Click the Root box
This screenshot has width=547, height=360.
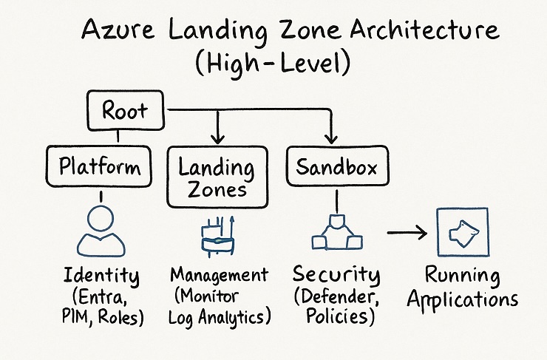click(124, 112)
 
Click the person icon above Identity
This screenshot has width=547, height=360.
click(101, 231)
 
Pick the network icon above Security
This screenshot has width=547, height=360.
click(336, 234)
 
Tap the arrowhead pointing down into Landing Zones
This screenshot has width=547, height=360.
click(216, 138)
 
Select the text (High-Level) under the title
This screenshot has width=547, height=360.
click(274, 65)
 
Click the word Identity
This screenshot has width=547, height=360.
click(101, 277)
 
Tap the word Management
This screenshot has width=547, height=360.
click(219, 275)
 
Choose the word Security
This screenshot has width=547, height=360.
click(336, 275)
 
